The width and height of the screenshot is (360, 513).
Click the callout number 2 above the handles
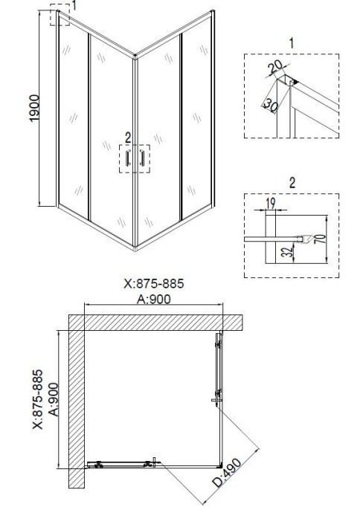coord(128,138)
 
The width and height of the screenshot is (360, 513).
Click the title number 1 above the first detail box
coord(292,44)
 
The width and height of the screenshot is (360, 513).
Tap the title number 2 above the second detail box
coord(292,181)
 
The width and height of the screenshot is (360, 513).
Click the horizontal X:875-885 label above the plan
coord(153,284)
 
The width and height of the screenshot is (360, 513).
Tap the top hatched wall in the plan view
coord(156,322)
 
